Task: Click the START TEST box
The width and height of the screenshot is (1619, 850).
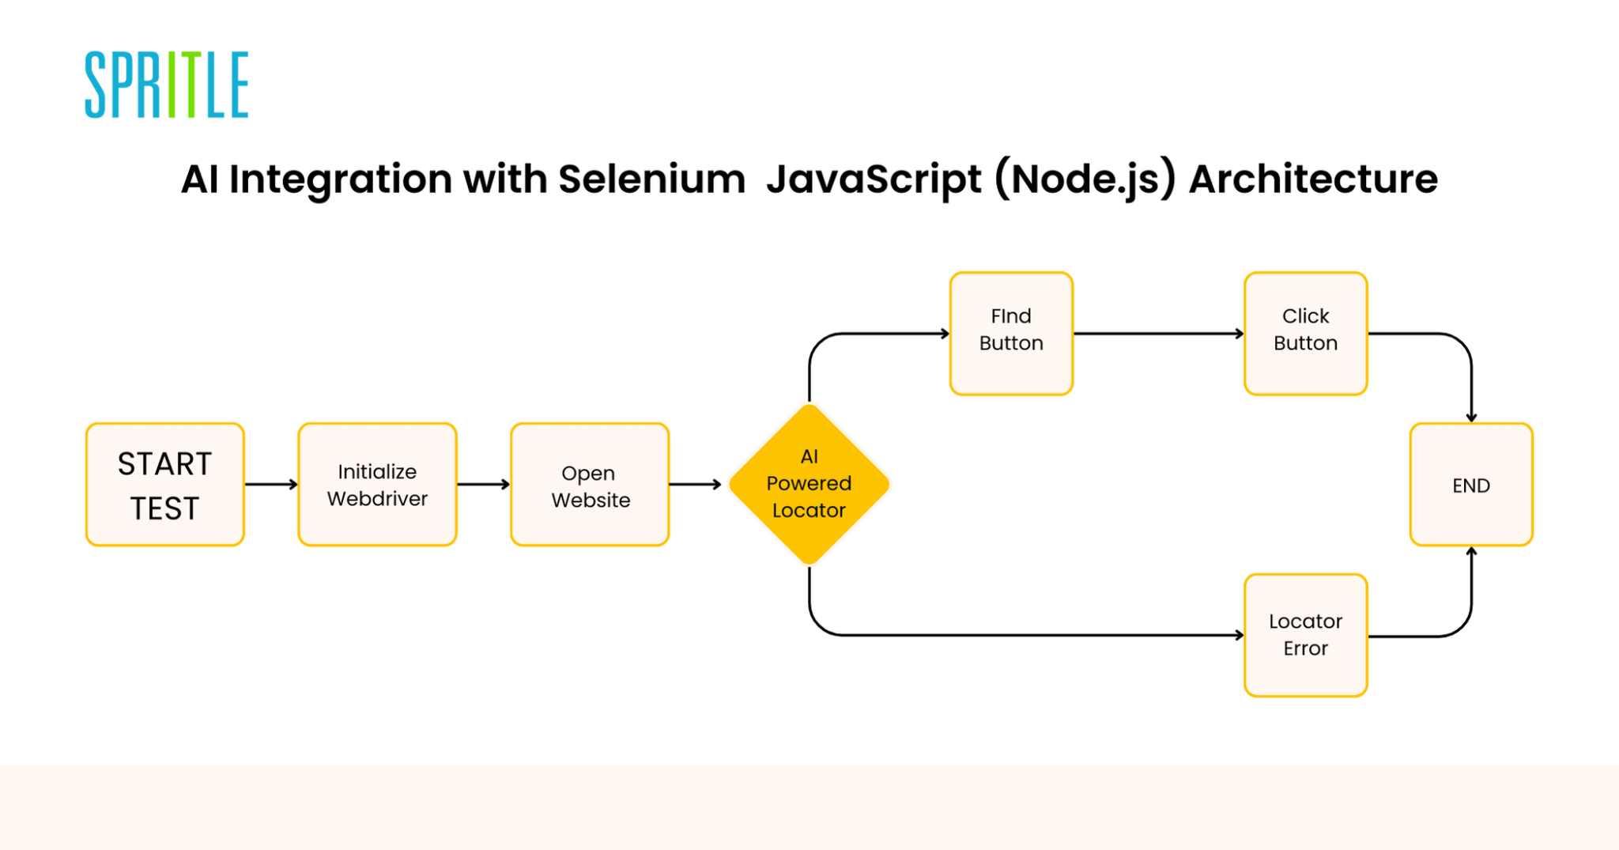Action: [x=165, y=485]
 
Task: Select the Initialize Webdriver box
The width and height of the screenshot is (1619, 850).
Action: [x=377, y=485]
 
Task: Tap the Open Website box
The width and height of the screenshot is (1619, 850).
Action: [x=590, y=485]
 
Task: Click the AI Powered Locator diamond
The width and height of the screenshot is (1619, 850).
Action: [x=809, y=484]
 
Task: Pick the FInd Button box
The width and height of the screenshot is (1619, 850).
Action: [x=1011, y=333]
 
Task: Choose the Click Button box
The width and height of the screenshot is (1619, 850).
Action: [x=1305, y=333]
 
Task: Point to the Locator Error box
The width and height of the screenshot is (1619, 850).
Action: [x=1305, y=635]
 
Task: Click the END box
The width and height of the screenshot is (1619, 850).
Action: [x=1470, y=485]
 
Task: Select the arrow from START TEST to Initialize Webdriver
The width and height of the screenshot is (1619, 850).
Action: [x=271, y=484]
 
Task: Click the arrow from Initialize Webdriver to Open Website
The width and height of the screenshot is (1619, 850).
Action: [x=483, y=484]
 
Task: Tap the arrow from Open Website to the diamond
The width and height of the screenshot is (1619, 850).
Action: [x=695, y=484]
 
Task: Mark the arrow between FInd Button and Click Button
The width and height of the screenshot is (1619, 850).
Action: [x=1158, y=334]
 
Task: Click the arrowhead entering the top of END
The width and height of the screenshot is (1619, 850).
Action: [x=1471, y=417]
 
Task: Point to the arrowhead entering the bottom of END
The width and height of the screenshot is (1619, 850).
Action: [x=1471, y=552]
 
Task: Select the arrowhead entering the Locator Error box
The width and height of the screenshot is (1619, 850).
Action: [x=1239, y=635]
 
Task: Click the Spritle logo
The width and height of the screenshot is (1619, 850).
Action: [x=167, y=85]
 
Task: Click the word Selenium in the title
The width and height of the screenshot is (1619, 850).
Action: [x=651, y=179]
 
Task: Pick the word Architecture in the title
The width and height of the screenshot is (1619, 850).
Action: [x=1313, y=179]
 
